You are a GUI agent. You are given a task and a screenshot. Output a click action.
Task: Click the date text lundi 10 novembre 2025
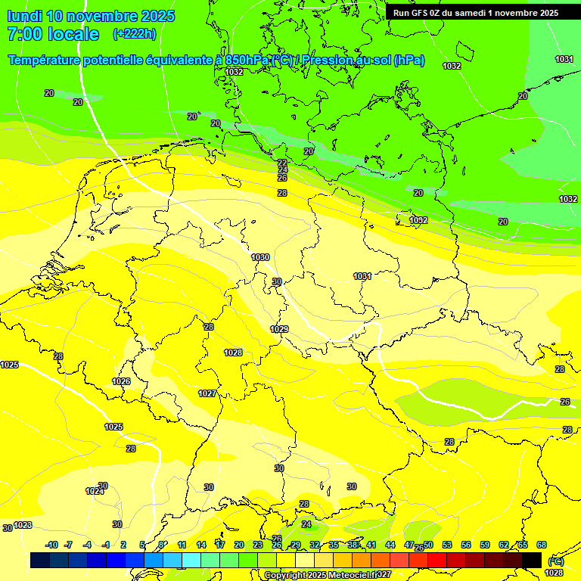click(91, 16)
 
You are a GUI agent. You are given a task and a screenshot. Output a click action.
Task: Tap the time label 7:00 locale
click(53, 34)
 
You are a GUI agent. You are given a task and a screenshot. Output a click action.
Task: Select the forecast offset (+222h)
click(134, 34)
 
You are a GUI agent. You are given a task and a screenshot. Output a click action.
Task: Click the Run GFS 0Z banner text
click(475, 13)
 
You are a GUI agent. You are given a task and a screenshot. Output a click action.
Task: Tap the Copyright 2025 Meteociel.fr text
click(327, 575)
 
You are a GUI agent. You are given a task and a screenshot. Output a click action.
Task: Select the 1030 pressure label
click(260, 257)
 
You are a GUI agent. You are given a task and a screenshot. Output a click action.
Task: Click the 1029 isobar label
click(279, 329)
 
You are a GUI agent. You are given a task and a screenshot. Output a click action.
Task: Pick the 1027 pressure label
click(207, 393)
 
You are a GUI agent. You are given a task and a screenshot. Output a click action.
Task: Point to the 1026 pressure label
click(121, 381)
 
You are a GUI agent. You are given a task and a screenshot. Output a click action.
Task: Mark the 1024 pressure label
click(94, 492)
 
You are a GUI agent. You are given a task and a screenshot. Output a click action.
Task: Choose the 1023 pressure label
click(23, 525)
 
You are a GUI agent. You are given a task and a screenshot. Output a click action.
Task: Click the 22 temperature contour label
click(282, 163)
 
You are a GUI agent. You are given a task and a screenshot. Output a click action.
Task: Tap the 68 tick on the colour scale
click(542, 545)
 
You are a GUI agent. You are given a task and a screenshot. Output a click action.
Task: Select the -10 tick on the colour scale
click(52, 545)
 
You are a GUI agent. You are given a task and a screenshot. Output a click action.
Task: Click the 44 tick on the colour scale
click(390, 545)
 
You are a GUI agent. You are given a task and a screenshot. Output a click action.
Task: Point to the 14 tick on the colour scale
click(201, 545)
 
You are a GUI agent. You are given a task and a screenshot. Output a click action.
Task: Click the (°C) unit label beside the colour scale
click(555, 561)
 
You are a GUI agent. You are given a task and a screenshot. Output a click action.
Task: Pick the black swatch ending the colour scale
click(532, 560)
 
